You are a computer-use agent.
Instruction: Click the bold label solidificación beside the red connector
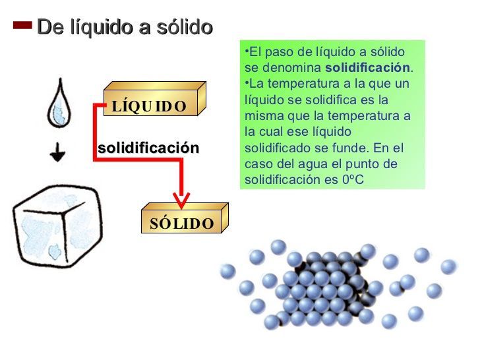(x=148, y=148)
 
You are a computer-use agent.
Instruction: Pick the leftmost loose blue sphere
(x=228, y=271)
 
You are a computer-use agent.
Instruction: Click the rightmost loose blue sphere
(x=448, y=267)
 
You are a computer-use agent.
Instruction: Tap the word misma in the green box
(x=259, y=116)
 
